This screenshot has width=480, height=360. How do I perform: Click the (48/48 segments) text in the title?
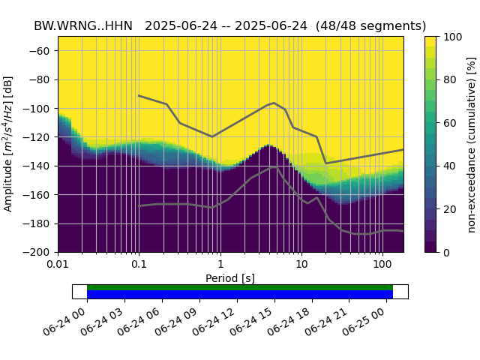[371, 25]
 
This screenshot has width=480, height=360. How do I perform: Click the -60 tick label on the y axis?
[43, 51]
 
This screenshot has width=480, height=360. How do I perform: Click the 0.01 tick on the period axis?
[58, 265]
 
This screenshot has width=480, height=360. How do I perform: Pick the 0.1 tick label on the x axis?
[139, 265]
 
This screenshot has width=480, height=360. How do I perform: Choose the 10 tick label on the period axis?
[301, 265]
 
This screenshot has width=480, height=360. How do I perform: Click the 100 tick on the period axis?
[382, 265]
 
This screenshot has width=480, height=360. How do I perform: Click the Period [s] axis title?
[230, 278]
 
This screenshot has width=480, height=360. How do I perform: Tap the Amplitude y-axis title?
[9, 144]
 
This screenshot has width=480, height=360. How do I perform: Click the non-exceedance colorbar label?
[471, 144]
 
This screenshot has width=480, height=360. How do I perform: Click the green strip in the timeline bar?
[240, 287]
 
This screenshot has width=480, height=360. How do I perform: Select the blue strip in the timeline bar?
[240, 294]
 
